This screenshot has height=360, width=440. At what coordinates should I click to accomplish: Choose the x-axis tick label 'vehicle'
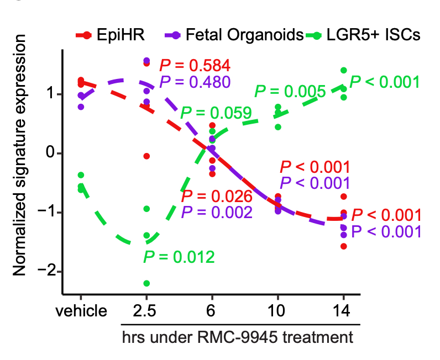(x=81, y=311)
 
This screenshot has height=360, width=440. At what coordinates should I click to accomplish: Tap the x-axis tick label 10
(x=277, y=311)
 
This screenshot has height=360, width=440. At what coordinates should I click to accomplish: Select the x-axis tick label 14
(x=343, y=311)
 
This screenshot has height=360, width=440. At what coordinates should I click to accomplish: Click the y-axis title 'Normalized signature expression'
(x=20, y=155)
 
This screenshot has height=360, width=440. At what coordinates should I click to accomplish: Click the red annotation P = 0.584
(x=194, y=65)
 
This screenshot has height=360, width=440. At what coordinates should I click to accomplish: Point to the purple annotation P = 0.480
(x=194, y=82)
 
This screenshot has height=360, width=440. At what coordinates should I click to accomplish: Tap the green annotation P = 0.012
(x=178, y=257)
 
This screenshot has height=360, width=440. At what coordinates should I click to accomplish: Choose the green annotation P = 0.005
(x=290, y=91)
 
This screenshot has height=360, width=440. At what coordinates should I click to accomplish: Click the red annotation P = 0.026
(x=217, y=196)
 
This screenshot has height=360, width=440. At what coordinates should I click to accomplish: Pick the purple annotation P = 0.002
(x=217, y=212)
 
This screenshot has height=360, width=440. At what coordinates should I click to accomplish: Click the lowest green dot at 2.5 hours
(x=146, y=283)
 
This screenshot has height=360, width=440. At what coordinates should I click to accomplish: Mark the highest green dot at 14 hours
(x=343, y=70)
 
